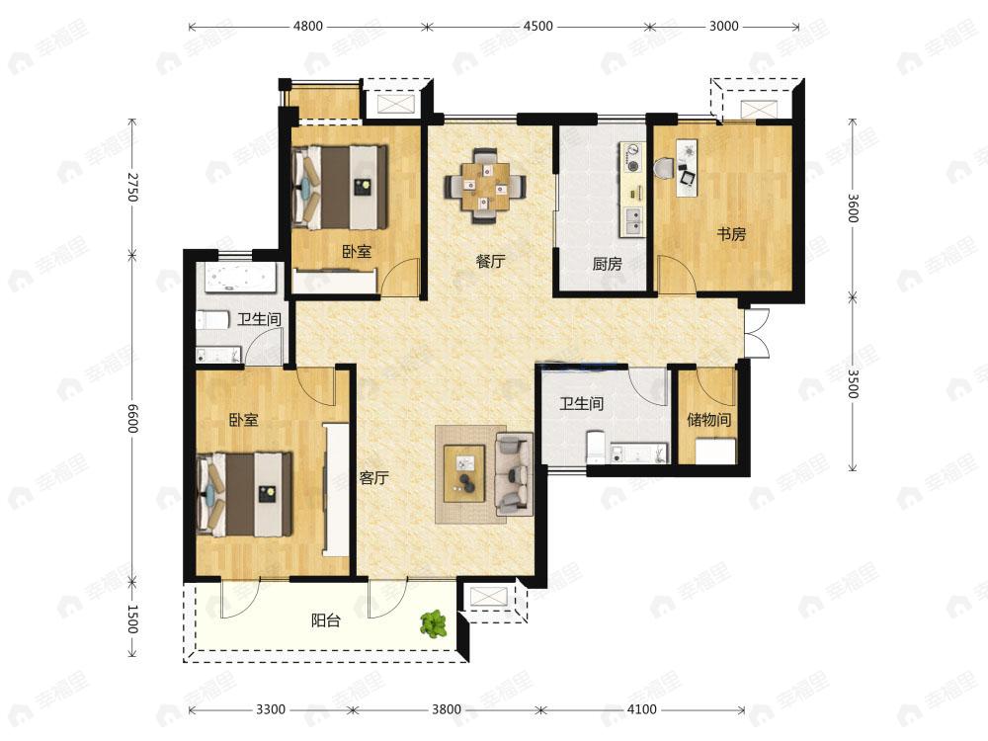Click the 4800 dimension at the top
pos(308,27)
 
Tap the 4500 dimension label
pos(538,27)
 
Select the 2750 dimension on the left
pos(131,187)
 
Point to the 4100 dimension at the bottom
pos(641,710)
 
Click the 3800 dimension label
pos(447,710)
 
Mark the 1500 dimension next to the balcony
pos(131,619)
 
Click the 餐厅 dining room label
pos(490,261)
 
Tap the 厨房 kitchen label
pos(607,264)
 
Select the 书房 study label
pos(731,234)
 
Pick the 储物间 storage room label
pos(708,420)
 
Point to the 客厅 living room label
pos(373,478)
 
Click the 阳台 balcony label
pos(326,620)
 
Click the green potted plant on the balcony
pos(434,623)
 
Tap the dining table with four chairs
pos(484,186)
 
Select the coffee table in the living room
pos(464,473)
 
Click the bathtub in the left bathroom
pos(236,278)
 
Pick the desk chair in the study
pos(664,168)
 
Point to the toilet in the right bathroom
pos(596,447)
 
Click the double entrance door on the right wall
pos(755,334)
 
